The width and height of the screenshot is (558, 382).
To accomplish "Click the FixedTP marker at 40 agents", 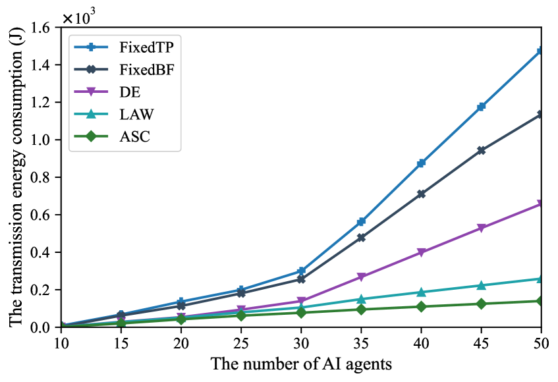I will click(421, 163).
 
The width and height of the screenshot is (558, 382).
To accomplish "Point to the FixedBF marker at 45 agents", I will click(482, 150).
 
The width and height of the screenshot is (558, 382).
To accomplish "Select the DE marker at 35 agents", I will click(361, 277).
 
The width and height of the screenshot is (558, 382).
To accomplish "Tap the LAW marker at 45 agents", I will click(482, 285).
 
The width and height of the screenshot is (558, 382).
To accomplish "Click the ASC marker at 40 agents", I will click(421, 306).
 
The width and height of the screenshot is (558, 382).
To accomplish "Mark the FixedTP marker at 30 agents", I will click(301, 271).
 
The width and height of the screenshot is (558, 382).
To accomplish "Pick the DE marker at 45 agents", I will click(482, 228).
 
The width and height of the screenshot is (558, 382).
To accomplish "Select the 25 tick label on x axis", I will click(241, 342).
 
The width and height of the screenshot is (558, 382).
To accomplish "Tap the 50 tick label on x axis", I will click(541, 342).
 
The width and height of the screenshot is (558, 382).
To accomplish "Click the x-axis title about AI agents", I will click(300, 364).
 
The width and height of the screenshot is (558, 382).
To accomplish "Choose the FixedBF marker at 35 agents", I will click(361, 237).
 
